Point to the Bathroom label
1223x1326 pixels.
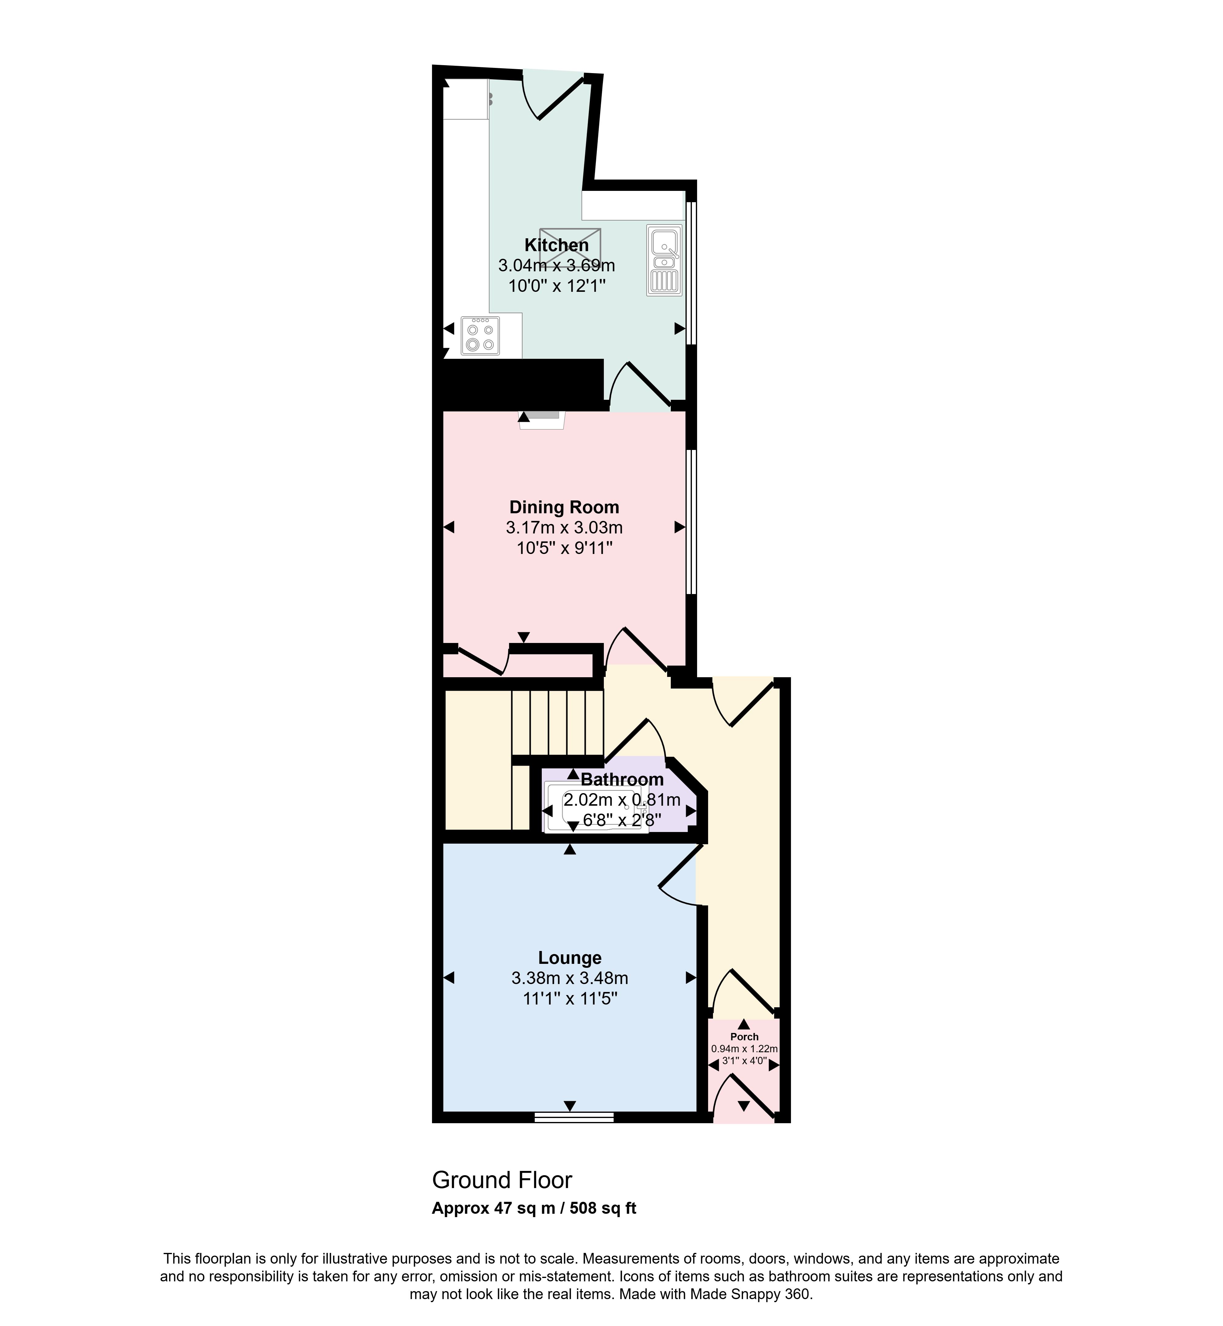(x=622, y=780)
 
